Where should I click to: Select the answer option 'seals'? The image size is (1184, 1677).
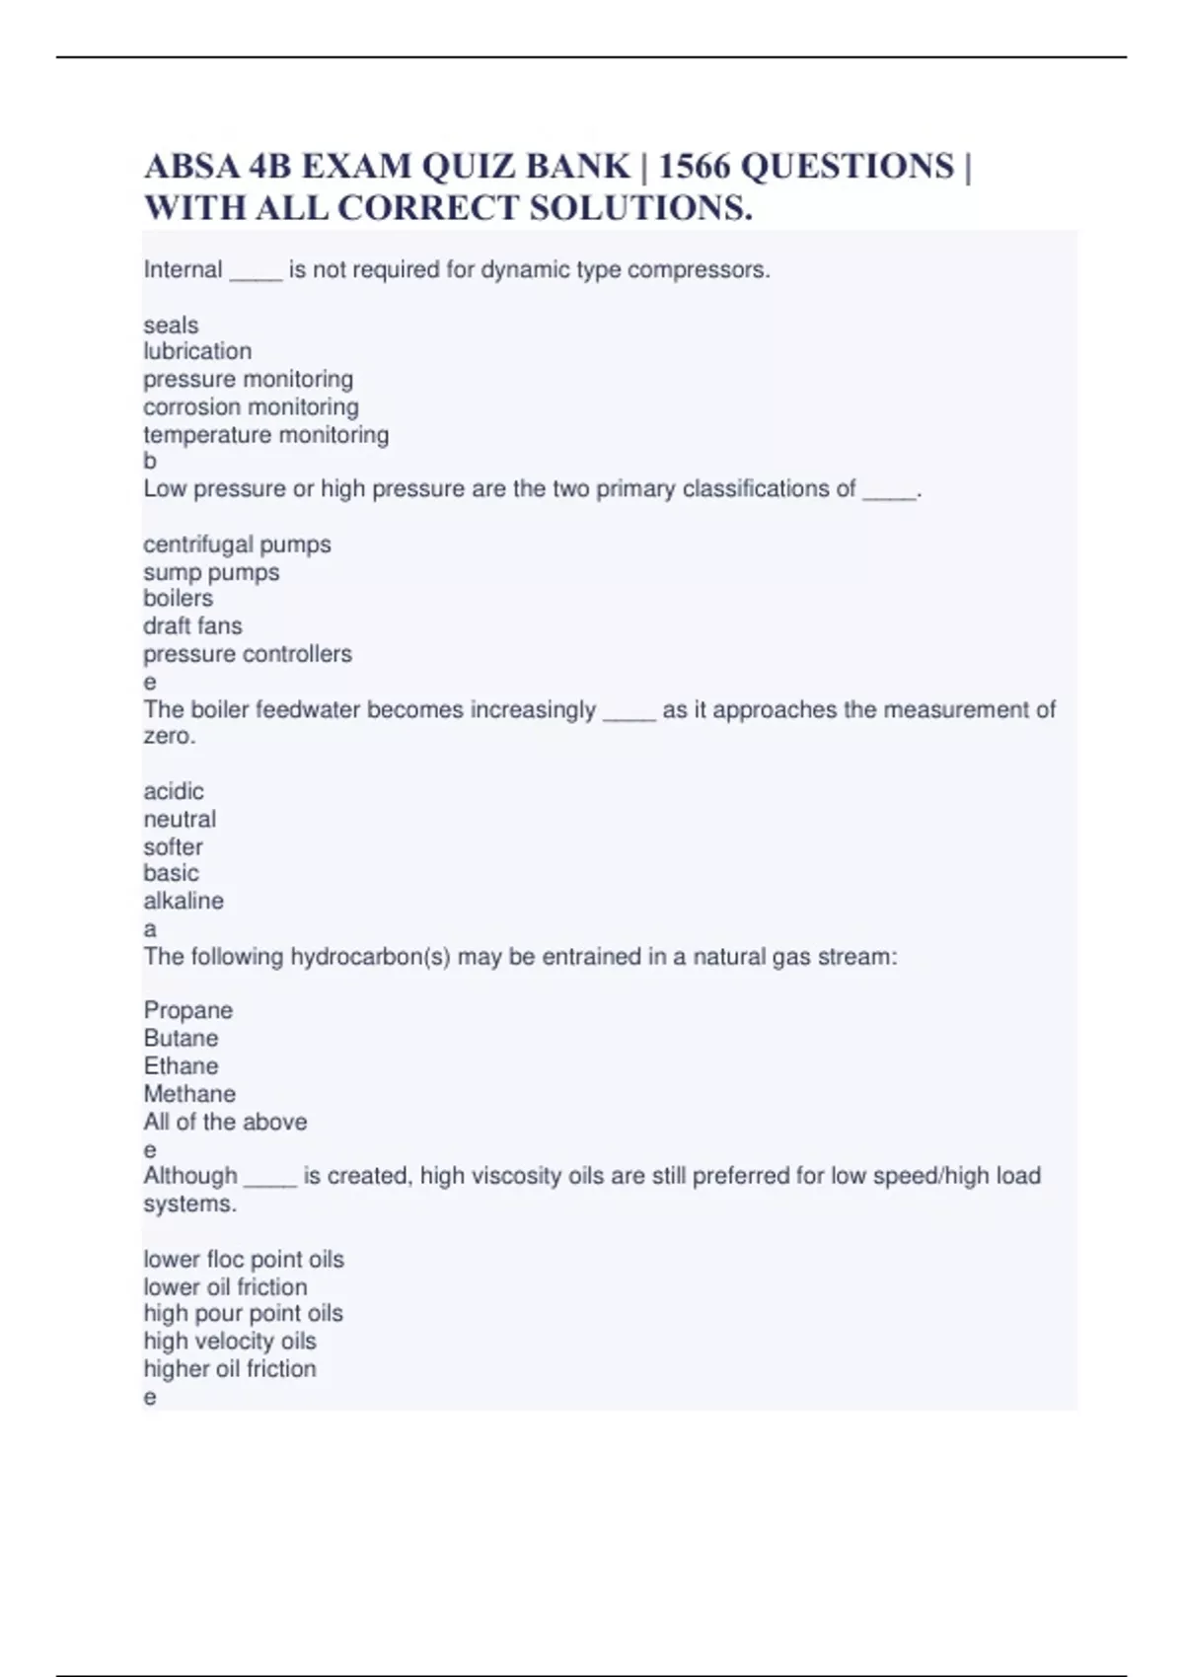click(171, 325)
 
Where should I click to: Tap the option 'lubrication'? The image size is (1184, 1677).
click(197, 351)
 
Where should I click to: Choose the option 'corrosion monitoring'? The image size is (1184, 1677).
click(251, 406)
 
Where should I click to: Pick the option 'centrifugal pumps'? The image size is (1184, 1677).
click(237, 545)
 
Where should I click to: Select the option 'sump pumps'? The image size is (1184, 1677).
click(211, 572)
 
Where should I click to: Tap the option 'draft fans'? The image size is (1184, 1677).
click(192, 625)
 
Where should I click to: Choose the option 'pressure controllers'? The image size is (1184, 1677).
click(248, 654)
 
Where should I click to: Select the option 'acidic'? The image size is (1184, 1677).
click(174, 791)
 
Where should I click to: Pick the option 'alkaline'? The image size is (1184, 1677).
click(184, 901)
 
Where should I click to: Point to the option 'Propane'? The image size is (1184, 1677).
click(188, 1010)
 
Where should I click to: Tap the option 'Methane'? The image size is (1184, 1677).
click(189, 1094)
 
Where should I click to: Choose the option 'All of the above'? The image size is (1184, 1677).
click(225, 1122)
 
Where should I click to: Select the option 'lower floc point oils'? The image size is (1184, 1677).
click(244, 1260)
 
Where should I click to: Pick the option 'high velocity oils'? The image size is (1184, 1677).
click(230, 1341)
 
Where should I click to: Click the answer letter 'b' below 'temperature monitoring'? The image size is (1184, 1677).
click(150, 461)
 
